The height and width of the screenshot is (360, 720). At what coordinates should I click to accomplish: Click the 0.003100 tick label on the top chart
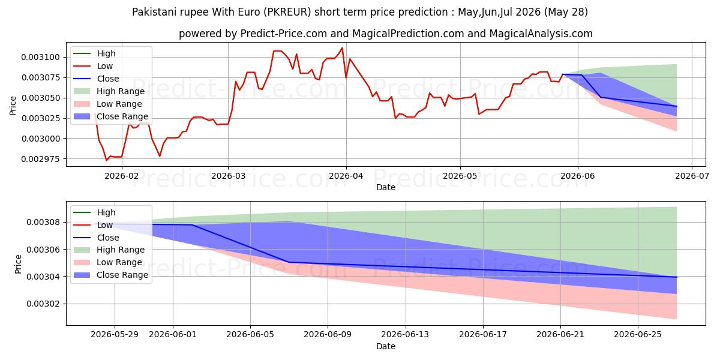click(x=41, y=57)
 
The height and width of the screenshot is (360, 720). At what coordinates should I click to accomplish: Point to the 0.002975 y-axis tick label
click(x=41, y=159)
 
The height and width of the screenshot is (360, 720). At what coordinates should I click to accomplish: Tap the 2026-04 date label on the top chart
click(x=346, y=176)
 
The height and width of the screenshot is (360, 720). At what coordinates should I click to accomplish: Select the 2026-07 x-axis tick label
click(x=692, y=176)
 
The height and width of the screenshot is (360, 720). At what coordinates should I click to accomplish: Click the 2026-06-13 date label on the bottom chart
click(x=405, y=335)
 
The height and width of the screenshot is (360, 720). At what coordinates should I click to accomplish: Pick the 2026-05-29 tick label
click(x=115, y=335)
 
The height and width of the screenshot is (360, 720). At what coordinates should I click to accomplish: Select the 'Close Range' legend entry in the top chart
click(x=111, y=116)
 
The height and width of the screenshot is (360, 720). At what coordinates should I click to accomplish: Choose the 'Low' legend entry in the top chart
click(x=93, y=66)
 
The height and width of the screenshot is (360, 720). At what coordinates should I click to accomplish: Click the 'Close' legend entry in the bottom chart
click(x=97, y=238)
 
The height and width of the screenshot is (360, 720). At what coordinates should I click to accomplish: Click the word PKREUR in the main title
click(x=289, y=12)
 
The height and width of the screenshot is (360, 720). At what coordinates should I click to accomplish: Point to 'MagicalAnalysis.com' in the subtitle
click(x=541, y=34)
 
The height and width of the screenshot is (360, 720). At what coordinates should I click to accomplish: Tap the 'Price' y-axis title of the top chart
click(x=13, y=106)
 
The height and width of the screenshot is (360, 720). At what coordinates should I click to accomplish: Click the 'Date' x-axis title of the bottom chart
click(x=386, y=346)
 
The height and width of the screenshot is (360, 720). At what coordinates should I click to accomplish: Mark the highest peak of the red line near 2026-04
click(x=343, y=48)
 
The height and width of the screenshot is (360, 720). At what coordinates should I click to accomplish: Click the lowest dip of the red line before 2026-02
click(x=106, y=160)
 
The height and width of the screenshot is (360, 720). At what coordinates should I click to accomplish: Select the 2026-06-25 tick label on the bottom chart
click(x=638, y=335)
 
